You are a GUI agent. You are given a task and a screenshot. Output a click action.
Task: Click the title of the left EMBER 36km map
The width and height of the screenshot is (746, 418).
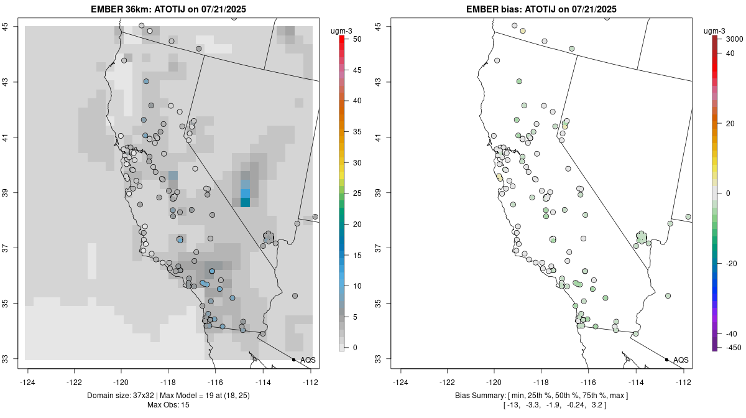pyautogui.click(x=171, y=9)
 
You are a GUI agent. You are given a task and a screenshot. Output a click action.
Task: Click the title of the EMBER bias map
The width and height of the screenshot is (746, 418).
pyautogui.click(x=541, y=9)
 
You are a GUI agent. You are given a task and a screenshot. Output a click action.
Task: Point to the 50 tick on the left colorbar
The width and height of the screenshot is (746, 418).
pyautogui.click(x=352, y=39)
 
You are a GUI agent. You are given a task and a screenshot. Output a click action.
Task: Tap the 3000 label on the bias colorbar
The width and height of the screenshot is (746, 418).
pyautogui.click(x=734, y=39)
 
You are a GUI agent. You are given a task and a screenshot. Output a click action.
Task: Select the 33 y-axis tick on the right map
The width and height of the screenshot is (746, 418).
pyautogui.click(x=381, y=359)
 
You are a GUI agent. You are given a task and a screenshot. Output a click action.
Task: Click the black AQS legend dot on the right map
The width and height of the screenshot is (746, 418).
pyautogui.click(x=666, y=360)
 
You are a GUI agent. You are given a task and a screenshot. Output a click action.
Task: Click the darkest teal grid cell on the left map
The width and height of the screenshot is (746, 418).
pyautogui.click(x=245, y=202)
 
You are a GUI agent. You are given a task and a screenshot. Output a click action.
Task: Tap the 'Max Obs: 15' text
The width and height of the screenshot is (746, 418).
pyautogui.click(x=168, y=405)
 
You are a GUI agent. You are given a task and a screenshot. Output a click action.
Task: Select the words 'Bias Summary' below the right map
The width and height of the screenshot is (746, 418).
pyautogui.click(x=480, y=396)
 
